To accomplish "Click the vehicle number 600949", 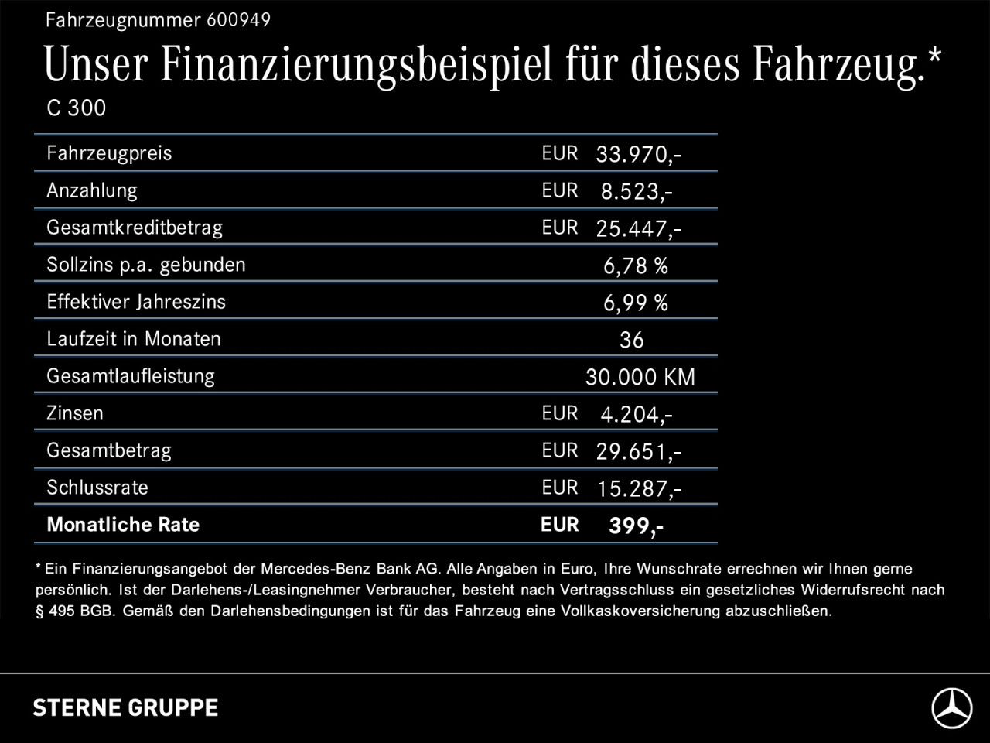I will [x=238, y=20].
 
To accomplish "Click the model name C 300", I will [x=76, y=108].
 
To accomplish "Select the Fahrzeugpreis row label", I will [x=109, y=153].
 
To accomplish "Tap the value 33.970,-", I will [x=638, y=155].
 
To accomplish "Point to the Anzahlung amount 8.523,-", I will [x=636, y=192].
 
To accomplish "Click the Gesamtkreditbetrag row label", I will [x=135, y=228].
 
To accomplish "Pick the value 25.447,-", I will [x=638, y=229].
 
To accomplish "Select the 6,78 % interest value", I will [x=635, y=266].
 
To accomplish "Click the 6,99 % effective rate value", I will [x=635, y=303].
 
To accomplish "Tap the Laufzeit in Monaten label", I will [x=134, y=339].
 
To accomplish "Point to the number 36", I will [x=631, y=341].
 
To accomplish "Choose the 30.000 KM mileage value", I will [x=640, y=378].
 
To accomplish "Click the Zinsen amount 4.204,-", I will [x=636, y=415].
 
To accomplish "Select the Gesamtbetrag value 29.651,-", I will [x=638, y=452].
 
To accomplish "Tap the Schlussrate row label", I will [x=97, y=488].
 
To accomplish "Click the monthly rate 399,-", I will [x=636, y=526].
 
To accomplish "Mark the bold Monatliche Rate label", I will [x=123, y=525].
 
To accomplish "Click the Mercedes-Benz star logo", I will [x=951, y=708].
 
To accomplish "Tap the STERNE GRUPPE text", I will [x=125, y=707].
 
